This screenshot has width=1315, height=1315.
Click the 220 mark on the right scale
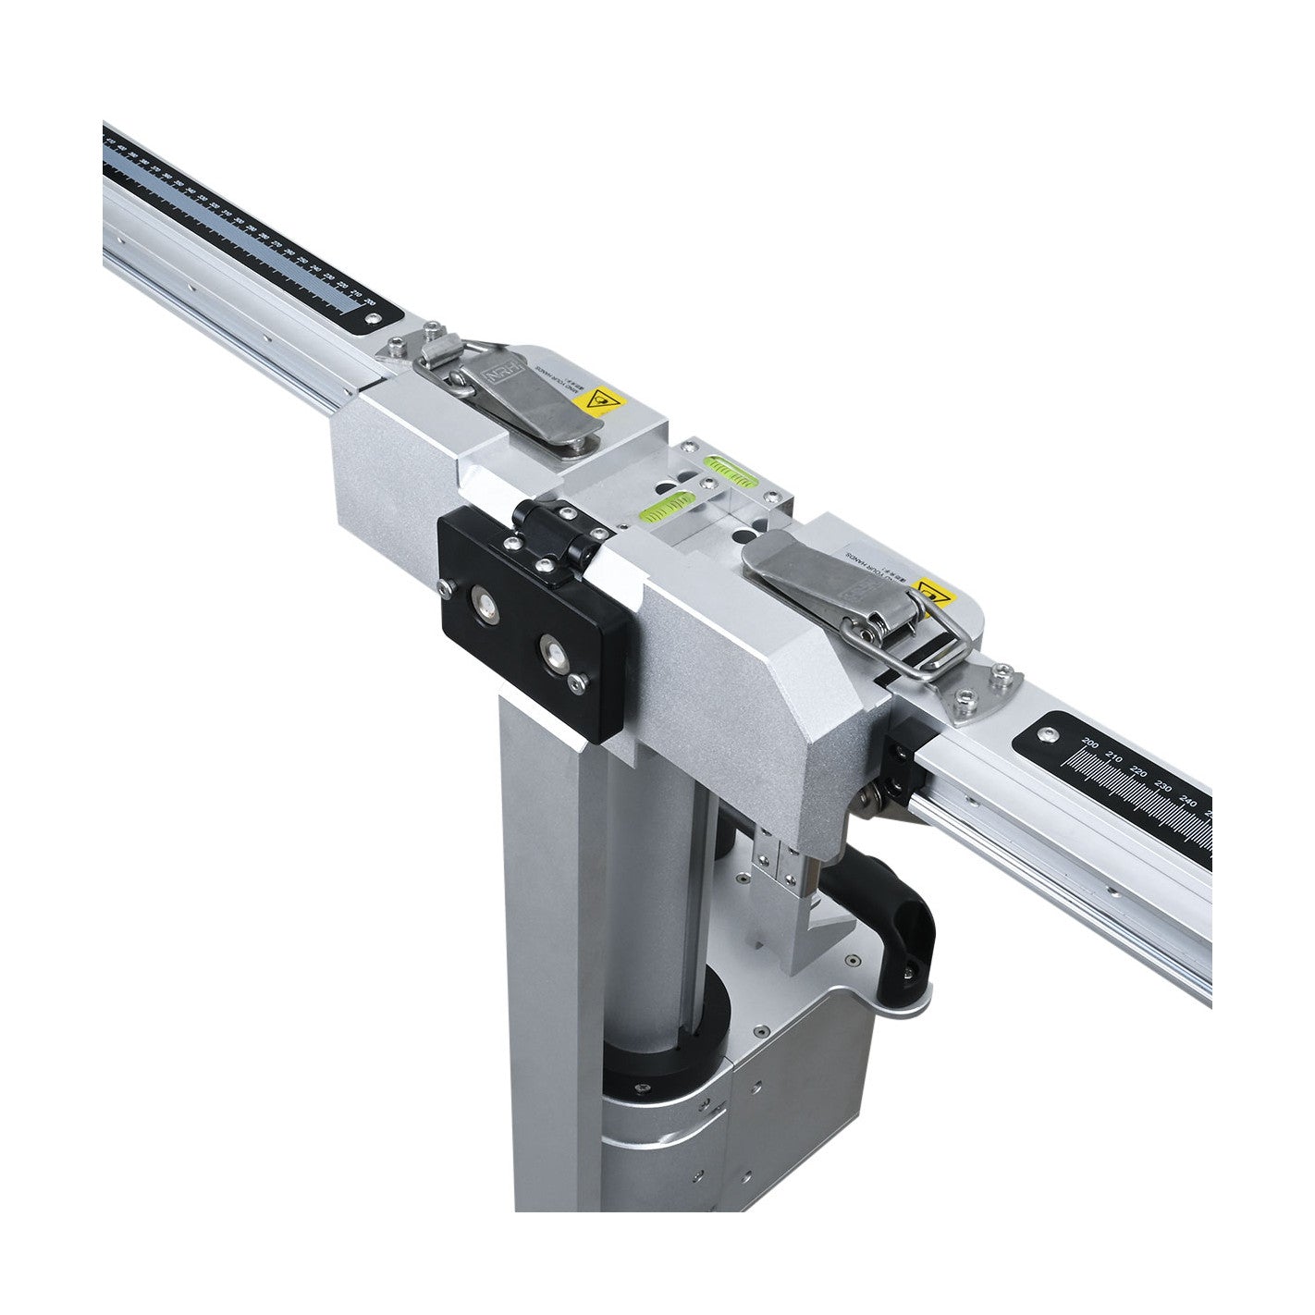[1138, 772]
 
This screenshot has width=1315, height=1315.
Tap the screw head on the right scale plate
[1046, 735]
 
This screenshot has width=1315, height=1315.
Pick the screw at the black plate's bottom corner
[578, 683]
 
